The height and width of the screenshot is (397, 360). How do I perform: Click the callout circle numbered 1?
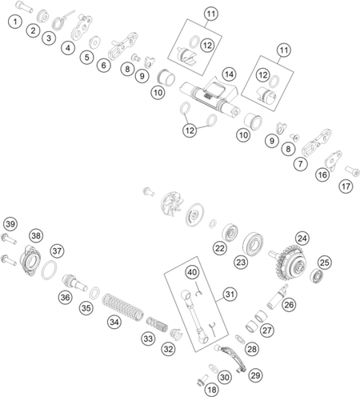coord(15,22)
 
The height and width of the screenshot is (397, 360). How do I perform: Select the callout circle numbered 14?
coord(230,74)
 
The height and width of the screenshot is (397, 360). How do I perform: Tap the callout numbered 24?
coord(302,239)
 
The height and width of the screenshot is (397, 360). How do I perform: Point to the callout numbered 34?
coord(114,322)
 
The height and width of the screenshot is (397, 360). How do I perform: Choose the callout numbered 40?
coord(192,272)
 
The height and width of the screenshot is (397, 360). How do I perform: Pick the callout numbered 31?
coord(230,295)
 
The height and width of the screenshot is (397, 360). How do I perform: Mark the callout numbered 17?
coord(346,186)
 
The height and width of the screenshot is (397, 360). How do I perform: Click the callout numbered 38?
coord(36,235)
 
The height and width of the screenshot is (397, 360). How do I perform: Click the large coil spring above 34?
coord(122,307)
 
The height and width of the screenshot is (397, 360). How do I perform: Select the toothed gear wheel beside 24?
coord(290,263)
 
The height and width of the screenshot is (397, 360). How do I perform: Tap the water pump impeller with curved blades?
coord(172,204)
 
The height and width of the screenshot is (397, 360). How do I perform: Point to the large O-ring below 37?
coord(49,271)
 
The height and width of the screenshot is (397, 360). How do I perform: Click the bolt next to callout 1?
coord(24,6)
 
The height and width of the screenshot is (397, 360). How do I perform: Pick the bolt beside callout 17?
coord(352,170)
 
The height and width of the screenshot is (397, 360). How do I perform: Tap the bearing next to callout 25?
coord(317,276)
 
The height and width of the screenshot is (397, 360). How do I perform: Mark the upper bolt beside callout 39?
coord(9,239)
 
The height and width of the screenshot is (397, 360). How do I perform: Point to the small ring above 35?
coord(94,293)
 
